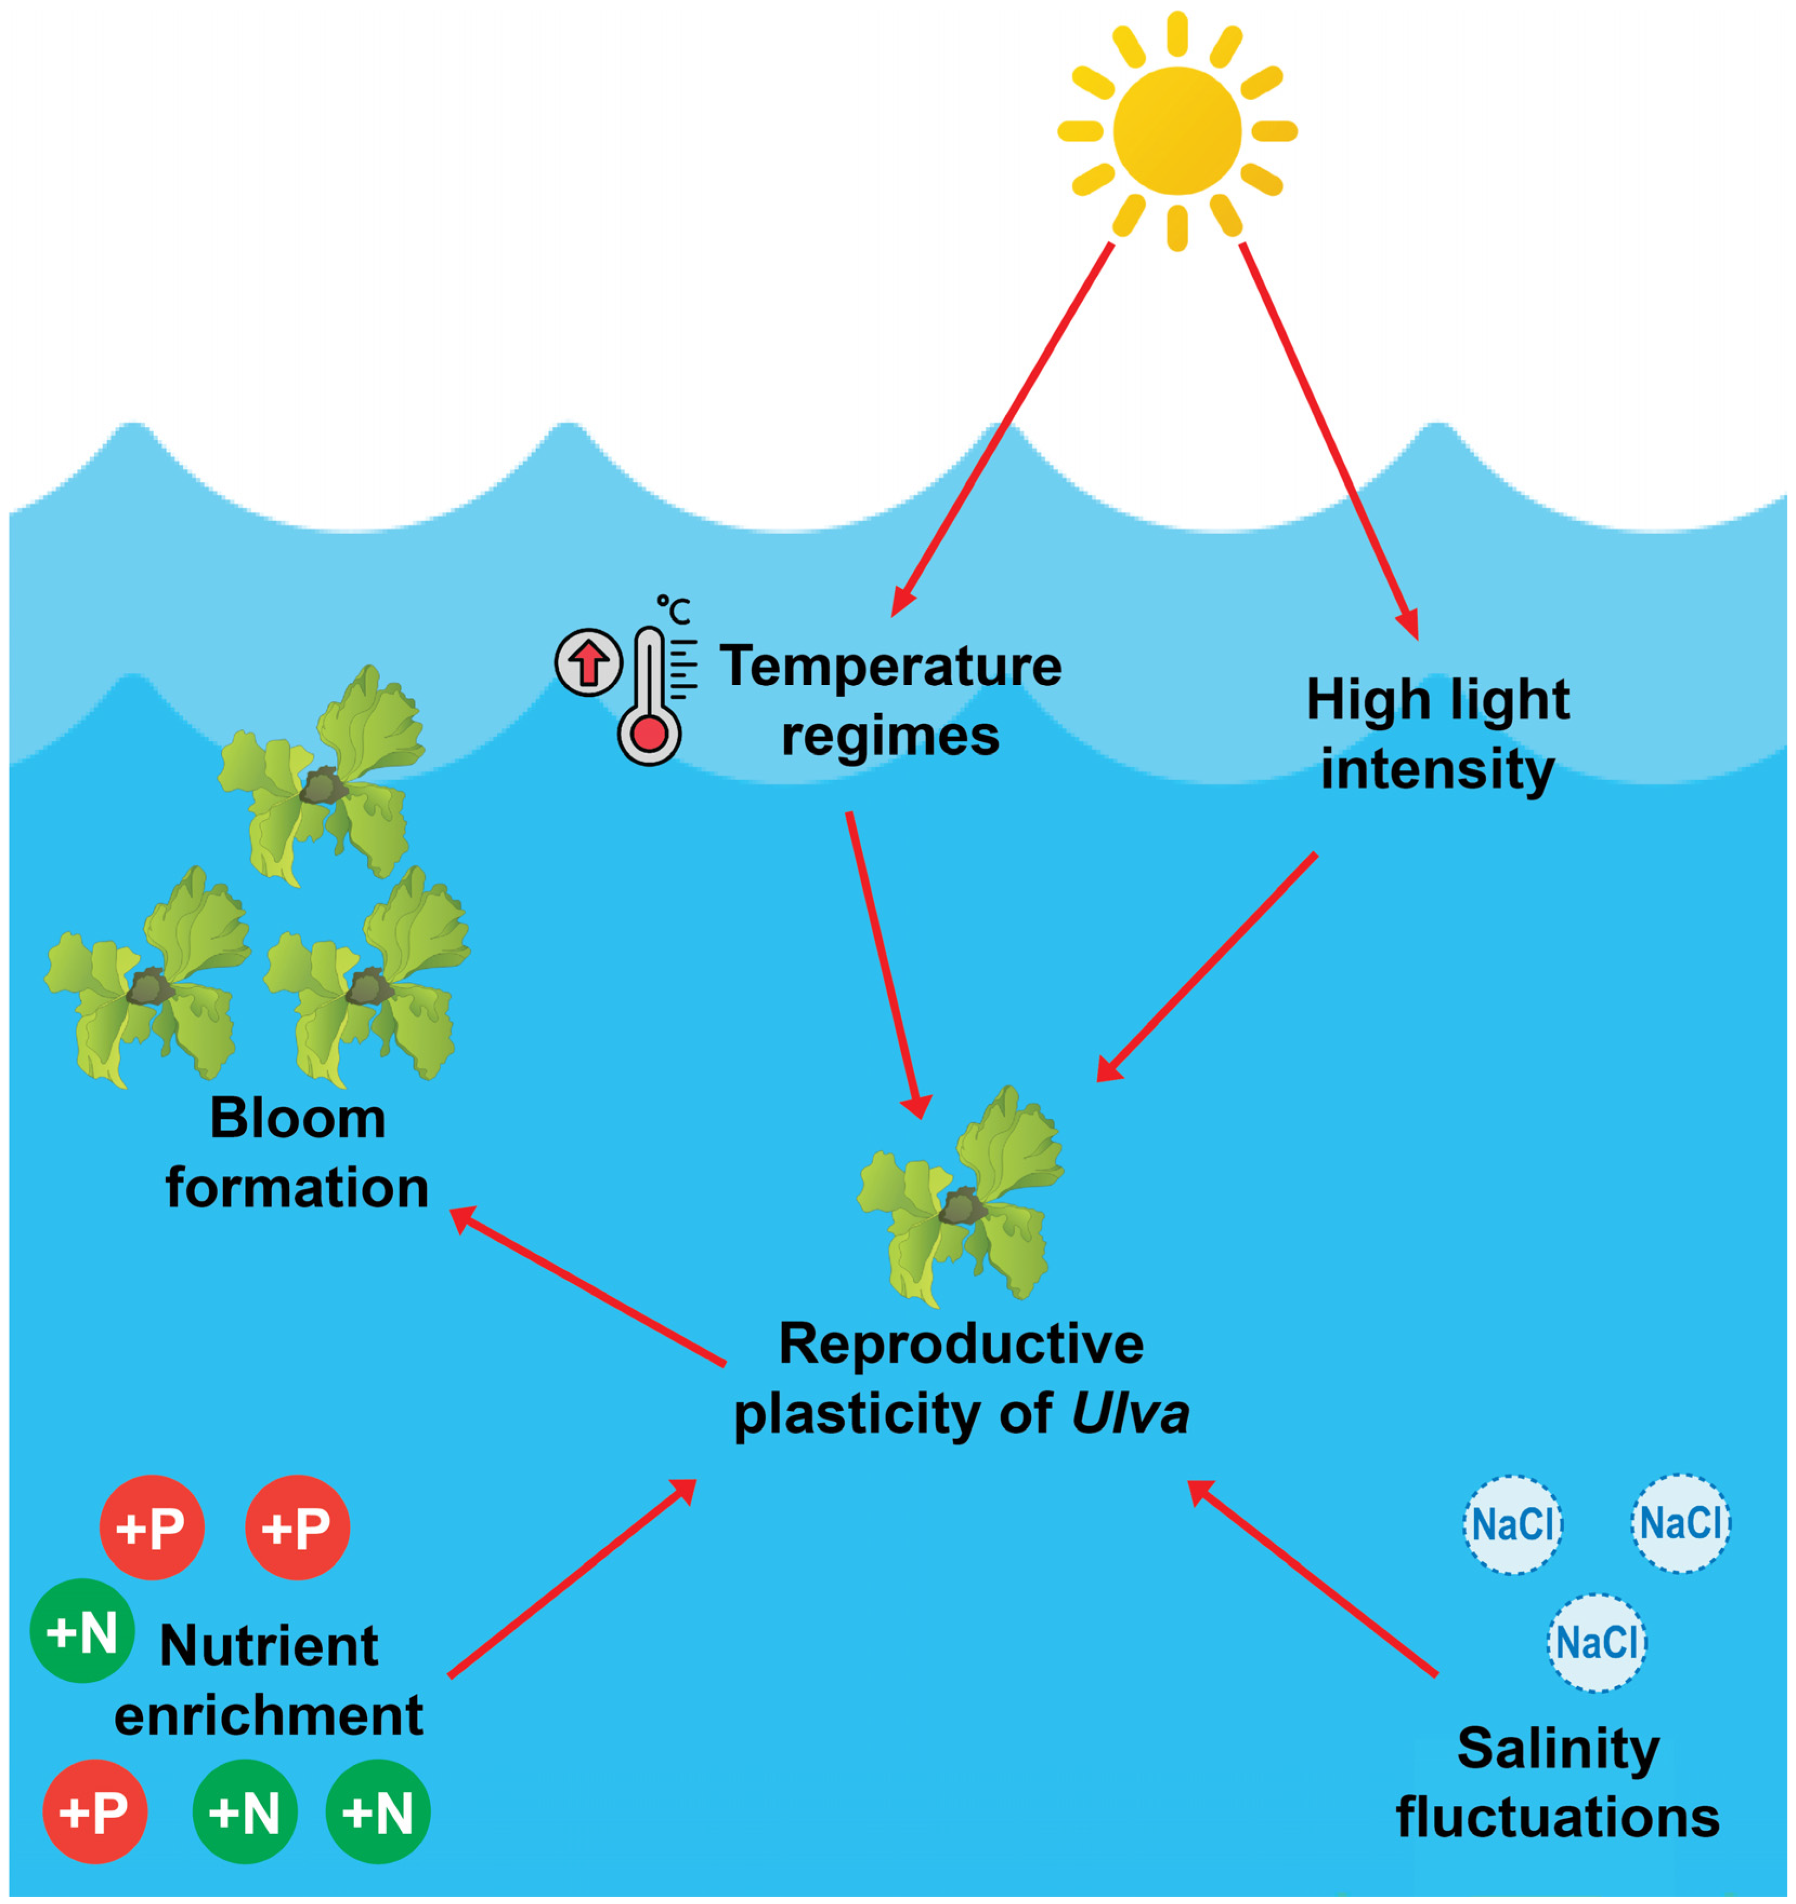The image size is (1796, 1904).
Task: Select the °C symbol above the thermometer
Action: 673,609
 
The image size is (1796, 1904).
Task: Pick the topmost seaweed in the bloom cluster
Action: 323,778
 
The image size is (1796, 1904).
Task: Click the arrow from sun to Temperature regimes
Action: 1000,431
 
